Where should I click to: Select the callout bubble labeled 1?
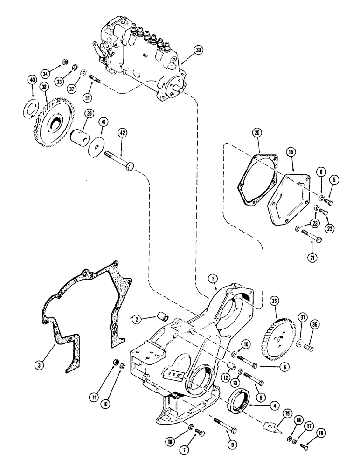[x=213, y=278]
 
